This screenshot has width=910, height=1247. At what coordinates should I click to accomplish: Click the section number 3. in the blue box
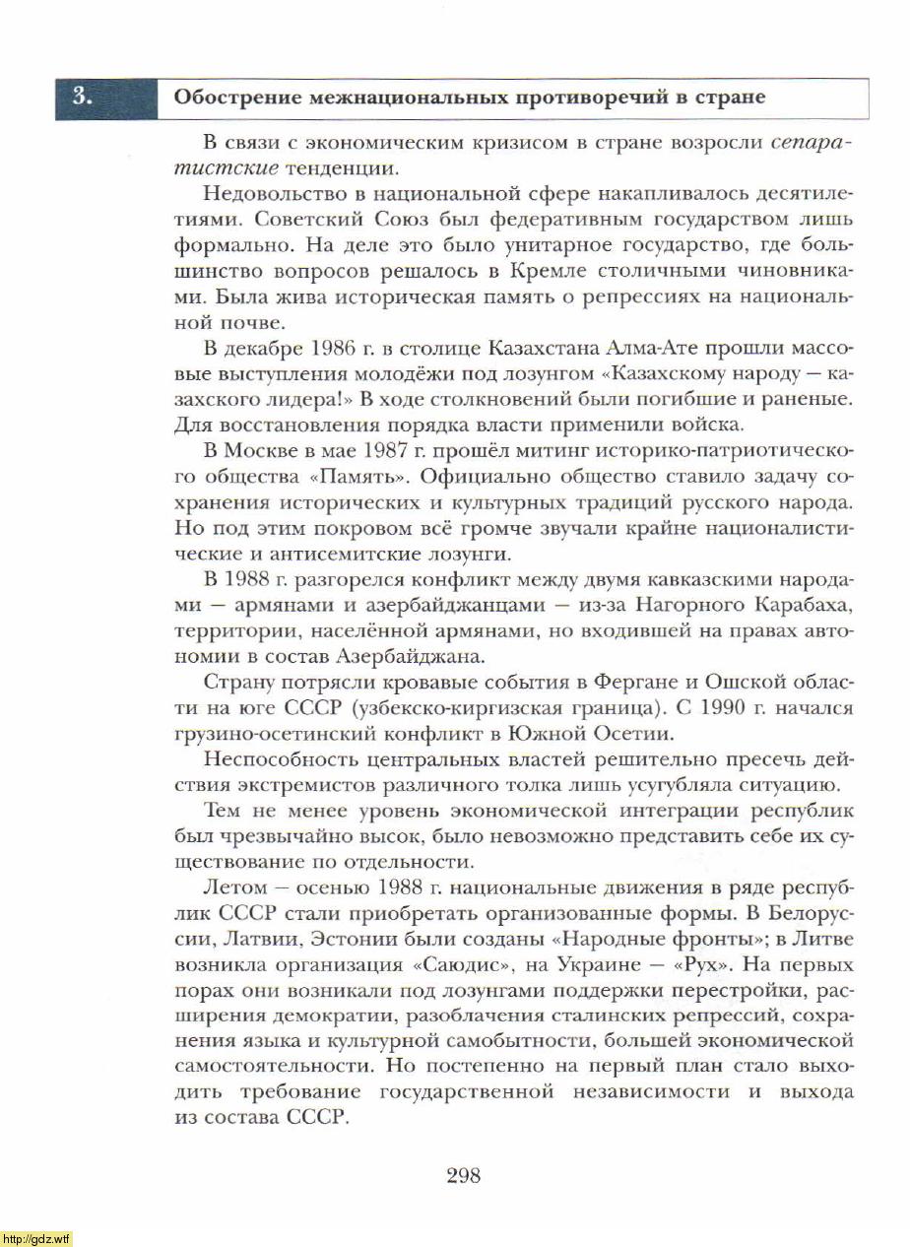click(x=83, y=98)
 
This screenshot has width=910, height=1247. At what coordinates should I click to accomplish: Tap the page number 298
click(x=463, y=1174)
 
